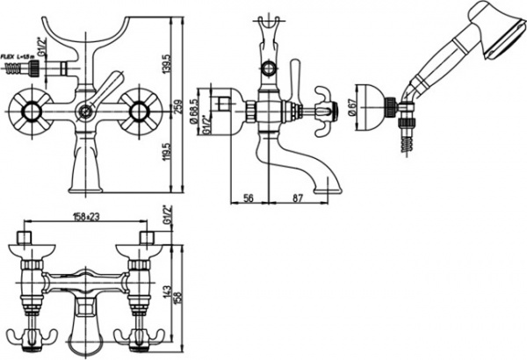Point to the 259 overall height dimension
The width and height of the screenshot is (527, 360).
click(179, 107)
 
